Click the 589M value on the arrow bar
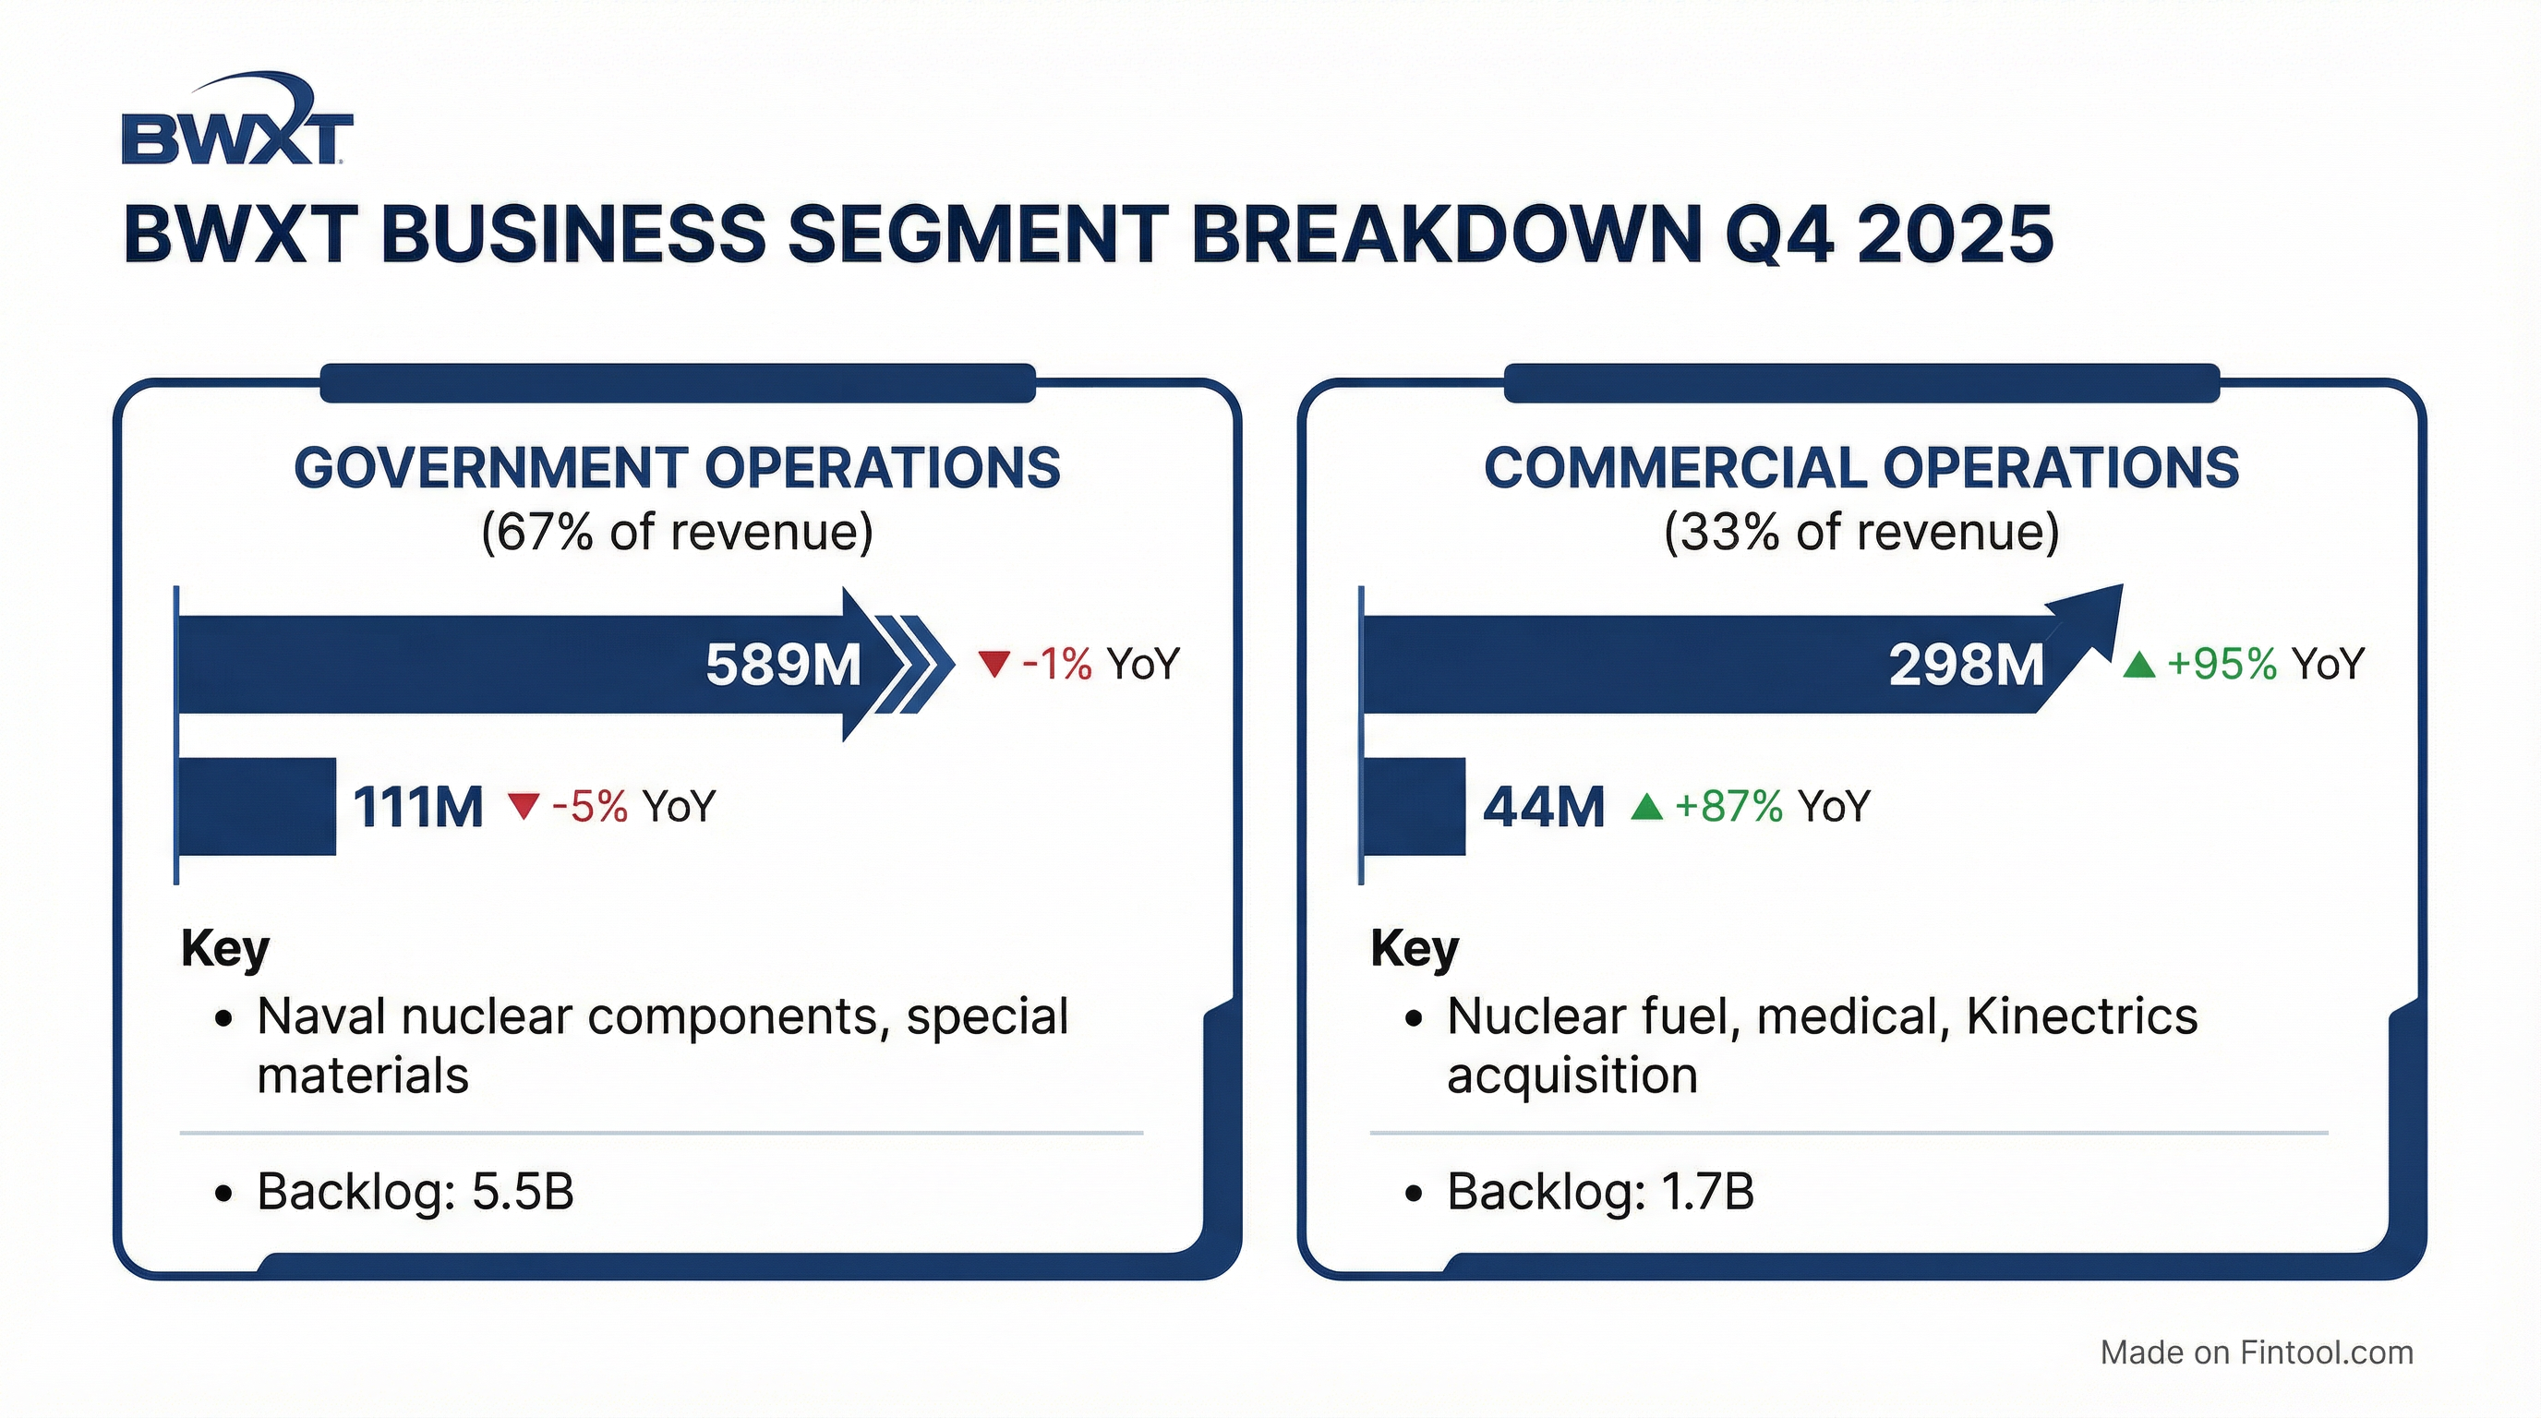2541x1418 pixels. tap(783, 665)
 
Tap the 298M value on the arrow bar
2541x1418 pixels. tap(1966, 665)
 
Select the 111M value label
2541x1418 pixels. tap(418, 808)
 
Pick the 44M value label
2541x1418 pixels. tap(1544, 808)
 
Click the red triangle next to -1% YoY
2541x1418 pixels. tap(994, 664)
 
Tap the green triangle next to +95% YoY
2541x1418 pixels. tap(2138, 664)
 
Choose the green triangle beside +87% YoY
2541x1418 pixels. tap(1646, 807)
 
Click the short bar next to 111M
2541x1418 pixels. tap(257, 807)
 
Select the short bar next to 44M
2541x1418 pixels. tap(1415, 807)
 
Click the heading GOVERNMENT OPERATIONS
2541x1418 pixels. tap(677, 467)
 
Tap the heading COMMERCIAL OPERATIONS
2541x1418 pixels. tap(1861, 467)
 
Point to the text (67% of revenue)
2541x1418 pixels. tap(677, 533)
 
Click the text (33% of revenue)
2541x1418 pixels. tap(1861, 533)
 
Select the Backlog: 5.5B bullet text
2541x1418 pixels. tap(415, 1192)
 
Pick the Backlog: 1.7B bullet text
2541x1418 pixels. tap(1600, 1192)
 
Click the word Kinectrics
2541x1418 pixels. tap(2081, 1016)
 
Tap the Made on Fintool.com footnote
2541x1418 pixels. tap(2257, 1352)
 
